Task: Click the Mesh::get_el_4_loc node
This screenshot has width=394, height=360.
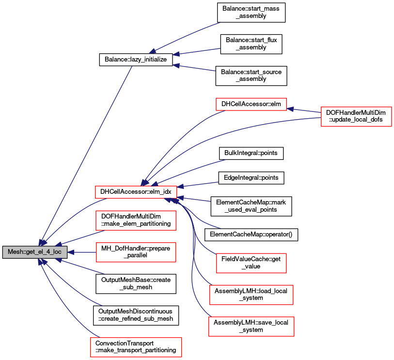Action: pos(34,252)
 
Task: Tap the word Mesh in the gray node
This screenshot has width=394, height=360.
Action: pos(16,252)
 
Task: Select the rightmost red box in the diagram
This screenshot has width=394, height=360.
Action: pos(356,117)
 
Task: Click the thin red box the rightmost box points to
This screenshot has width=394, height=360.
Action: pos(251,104)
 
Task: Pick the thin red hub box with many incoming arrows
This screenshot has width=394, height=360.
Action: pos(136,192)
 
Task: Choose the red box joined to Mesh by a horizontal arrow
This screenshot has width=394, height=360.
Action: pos(136,252)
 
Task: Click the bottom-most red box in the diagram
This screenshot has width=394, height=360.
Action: pos(136,347)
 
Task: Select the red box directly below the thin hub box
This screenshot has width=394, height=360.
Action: pos(136,220)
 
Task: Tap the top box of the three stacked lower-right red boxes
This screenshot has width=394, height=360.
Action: pos(251,263)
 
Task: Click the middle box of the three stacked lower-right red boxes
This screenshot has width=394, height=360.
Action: pos(251,295)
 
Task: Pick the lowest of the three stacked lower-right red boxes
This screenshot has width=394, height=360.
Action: pos(251,327)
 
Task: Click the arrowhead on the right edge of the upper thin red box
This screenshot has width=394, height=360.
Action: pos(290,109)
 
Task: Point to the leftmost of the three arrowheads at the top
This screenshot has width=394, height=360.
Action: pos(152,51)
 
